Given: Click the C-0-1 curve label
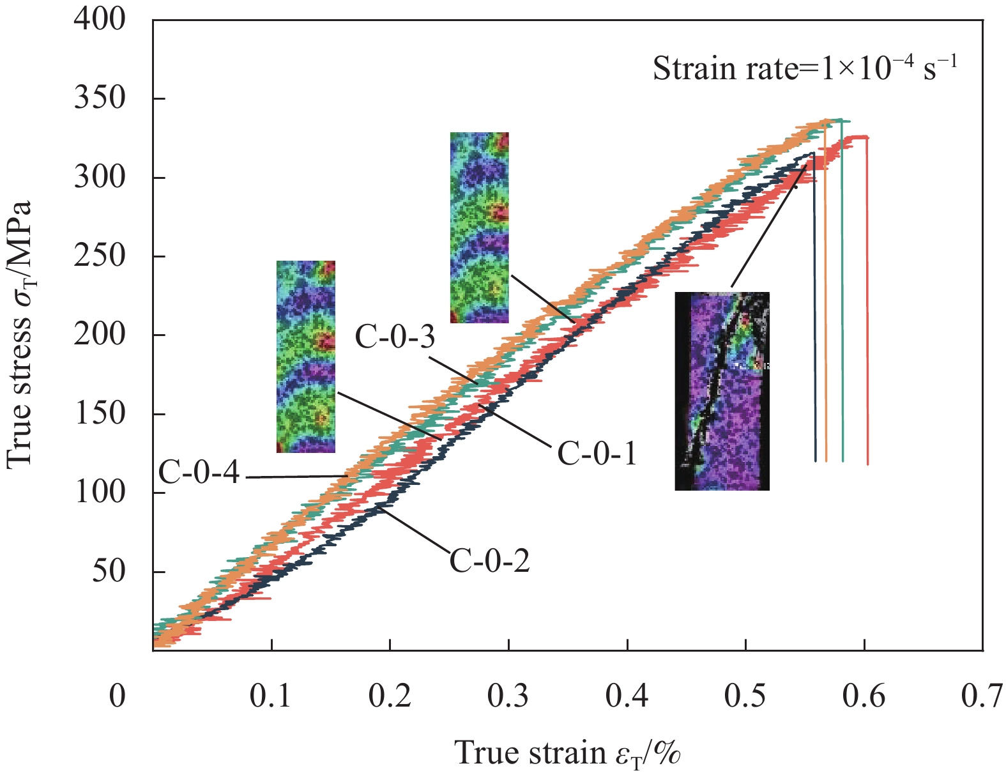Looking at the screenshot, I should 597,454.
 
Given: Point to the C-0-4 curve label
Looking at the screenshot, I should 199,473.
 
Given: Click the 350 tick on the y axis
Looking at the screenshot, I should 100,99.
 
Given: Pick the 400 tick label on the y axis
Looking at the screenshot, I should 100,20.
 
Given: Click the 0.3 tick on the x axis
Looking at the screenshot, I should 508,696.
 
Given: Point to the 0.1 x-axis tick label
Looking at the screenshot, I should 271,696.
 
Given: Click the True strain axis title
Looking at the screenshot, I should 567,753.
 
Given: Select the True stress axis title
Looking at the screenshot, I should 20,335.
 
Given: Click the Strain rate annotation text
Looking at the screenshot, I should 805,68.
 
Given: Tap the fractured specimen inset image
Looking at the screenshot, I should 722,391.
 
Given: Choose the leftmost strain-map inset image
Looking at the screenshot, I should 305,356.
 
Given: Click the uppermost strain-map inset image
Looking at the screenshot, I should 479,227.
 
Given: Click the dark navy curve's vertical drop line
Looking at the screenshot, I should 814,307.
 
